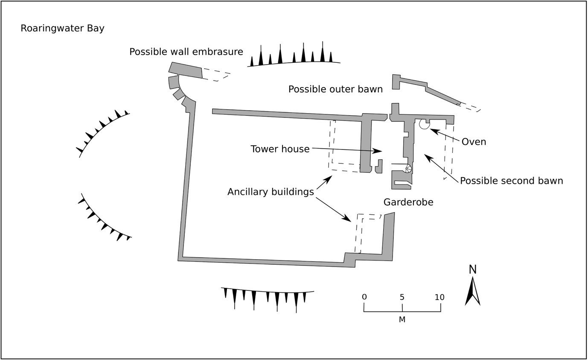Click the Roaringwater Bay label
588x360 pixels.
pyautogui.click(x=62, y=29)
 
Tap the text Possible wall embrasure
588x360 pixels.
pyautogui.click(x=186, y=52)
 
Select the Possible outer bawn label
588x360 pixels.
pyautogui.click(x=335, y=89)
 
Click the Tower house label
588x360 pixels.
pyautogui.click(x=280, y=149)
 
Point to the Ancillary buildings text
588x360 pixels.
pyautogui.click(x=271, y=192)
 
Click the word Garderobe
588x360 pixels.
pyautogui.click(x=408, y=202)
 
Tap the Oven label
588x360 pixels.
pyautogui.click(x=474, y=142)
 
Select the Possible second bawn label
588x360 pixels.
pyautogui.click(x=511, y=181)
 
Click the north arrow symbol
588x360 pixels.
pyautogui.click(x=472, y=292)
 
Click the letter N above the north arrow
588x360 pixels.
pyautogui.click(x=472, y=270)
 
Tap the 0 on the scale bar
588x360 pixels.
pyautogui.click(x=364, y=297)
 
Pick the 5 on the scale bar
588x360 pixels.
pyautogui.click(x=402, y=297)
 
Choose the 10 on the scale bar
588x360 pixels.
pyautogui.click(x=440, y=297)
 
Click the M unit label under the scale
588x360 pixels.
pyautogui.click(x=402, y=320)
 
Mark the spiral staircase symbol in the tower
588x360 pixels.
pyautogui.click(x=408, y=168)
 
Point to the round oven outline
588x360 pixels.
pyautogui.click(x=424, y=124)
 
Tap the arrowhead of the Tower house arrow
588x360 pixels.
pyautogui.click(x=378, y=151)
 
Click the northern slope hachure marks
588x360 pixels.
pyautogui.click(x=294, y=56)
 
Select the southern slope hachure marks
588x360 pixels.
pyautogui.click(x=268, y=298)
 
